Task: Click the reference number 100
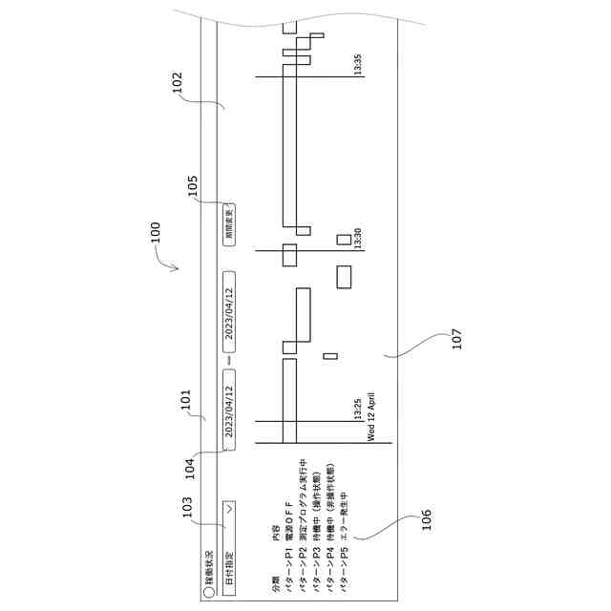point(156,235)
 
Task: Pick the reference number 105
point(194,185)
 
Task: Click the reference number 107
point(456,338)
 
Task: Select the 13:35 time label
point(358,65)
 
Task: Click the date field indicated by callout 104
point(229,410)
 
